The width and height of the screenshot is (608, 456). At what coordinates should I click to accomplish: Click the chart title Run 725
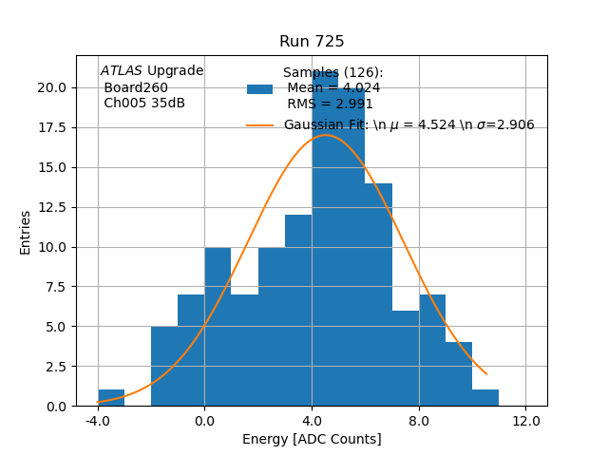(x=312, y=42)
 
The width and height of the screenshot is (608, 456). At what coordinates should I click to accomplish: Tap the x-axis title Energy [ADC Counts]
(x=312, y=439)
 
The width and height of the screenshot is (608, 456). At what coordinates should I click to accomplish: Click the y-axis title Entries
(x=26, y=231)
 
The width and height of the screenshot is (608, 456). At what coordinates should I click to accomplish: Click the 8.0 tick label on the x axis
(x=419, y=421)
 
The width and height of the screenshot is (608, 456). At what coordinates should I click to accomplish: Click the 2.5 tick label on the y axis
(x=56, y=367)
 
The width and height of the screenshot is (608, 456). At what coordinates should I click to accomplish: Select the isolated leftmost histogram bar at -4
(x=111, y=398)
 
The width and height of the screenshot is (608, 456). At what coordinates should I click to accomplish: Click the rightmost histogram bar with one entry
(x=485, y=398)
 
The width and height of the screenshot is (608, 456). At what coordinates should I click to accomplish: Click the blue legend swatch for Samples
(x=259, y=89)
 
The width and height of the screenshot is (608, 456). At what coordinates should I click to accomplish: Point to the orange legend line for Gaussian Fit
(x=259, y=125)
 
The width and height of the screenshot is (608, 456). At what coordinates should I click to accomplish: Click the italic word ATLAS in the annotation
(x=122, y=70)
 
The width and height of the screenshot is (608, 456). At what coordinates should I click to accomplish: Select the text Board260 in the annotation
(x=136, y=87)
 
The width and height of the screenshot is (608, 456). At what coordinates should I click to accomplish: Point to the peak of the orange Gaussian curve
(x=326, y=135)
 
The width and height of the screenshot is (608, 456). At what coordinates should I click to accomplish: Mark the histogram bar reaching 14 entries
(x=378, y=294)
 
